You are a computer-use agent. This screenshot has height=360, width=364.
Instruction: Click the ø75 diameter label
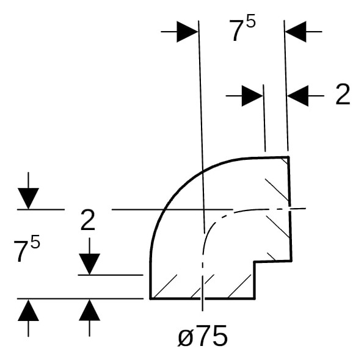pos(202,336)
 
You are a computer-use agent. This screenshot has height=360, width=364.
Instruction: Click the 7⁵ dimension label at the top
pos(242,28)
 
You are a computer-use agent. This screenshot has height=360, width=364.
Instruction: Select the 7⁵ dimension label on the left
pos(27,250)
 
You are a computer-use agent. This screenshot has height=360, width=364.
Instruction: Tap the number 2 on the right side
pos(343,94)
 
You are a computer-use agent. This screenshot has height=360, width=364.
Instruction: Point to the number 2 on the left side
pos(87,220)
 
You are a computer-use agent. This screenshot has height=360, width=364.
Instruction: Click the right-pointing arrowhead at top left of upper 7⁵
pos(187,32)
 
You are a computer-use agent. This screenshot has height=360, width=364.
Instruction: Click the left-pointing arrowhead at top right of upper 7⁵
pos(296,32)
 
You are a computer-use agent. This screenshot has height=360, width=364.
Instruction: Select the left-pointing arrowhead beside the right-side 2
pos(298,96)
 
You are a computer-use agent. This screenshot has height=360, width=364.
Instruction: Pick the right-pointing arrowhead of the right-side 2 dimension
pos(252,96)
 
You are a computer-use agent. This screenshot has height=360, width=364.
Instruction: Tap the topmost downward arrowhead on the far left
pos(28,198)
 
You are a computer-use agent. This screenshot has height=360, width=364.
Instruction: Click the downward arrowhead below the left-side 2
pos(89,264)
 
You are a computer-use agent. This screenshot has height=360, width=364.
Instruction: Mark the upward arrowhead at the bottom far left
pos(28,310)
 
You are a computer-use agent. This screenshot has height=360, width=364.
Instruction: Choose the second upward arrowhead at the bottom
pos(89,310)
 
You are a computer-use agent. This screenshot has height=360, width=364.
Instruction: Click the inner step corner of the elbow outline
pos(255,262)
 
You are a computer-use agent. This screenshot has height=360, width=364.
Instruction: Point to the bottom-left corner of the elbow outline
pos(150,298)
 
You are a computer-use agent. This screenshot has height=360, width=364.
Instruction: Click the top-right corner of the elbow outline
pos(288,157)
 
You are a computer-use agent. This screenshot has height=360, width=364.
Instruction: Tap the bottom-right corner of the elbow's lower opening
pos(255,298)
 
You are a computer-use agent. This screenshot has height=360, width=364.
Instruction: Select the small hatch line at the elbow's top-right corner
pos(285,161)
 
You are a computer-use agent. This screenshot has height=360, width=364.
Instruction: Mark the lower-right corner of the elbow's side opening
pos(291,261)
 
